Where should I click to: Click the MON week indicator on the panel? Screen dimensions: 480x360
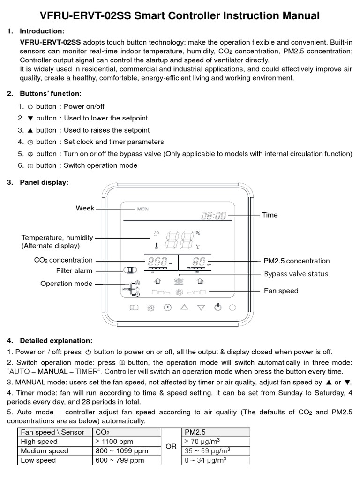[142, 209]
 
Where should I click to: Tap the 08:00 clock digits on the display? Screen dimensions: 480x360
[214, 216]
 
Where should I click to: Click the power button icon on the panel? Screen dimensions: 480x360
[217, 307]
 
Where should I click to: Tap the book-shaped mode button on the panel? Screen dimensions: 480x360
[134, 307]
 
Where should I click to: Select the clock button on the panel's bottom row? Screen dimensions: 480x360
[167, 307]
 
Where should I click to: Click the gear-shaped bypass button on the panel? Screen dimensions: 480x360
[151, 307]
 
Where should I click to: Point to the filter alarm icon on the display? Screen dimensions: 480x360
[129, 270]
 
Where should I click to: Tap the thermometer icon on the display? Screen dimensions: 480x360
[157, 245]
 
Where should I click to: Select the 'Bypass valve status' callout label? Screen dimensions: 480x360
[296, 274]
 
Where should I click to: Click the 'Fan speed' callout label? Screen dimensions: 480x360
[281, 291]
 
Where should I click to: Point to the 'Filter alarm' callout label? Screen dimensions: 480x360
[74, 270]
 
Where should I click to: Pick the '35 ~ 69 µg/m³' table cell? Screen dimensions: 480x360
[207, 451]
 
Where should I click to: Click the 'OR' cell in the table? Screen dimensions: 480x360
[171, 446]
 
